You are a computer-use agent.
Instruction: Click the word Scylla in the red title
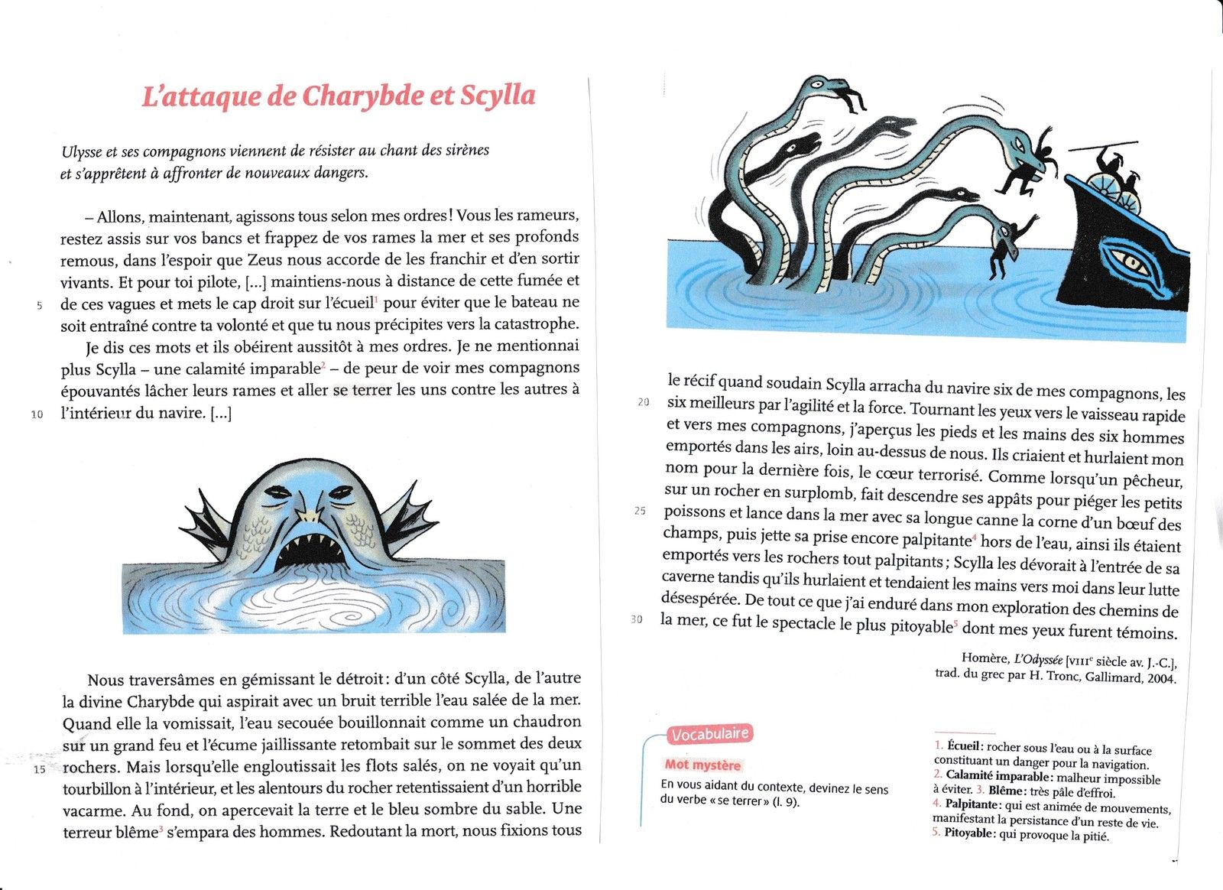coord(497,96)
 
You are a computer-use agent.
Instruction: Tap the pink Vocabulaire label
coord(709,734)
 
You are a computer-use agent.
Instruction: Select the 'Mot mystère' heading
coord(702,765)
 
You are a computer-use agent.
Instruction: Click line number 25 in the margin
coord(640,511)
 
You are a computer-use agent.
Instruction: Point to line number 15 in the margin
coord(40,769)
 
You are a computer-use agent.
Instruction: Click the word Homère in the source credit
coord(985,658)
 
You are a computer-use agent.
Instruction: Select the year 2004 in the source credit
coord(1160,677)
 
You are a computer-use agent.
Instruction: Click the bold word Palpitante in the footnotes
coord(971,804)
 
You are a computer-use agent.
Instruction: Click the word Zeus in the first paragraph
coord(264,259)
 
